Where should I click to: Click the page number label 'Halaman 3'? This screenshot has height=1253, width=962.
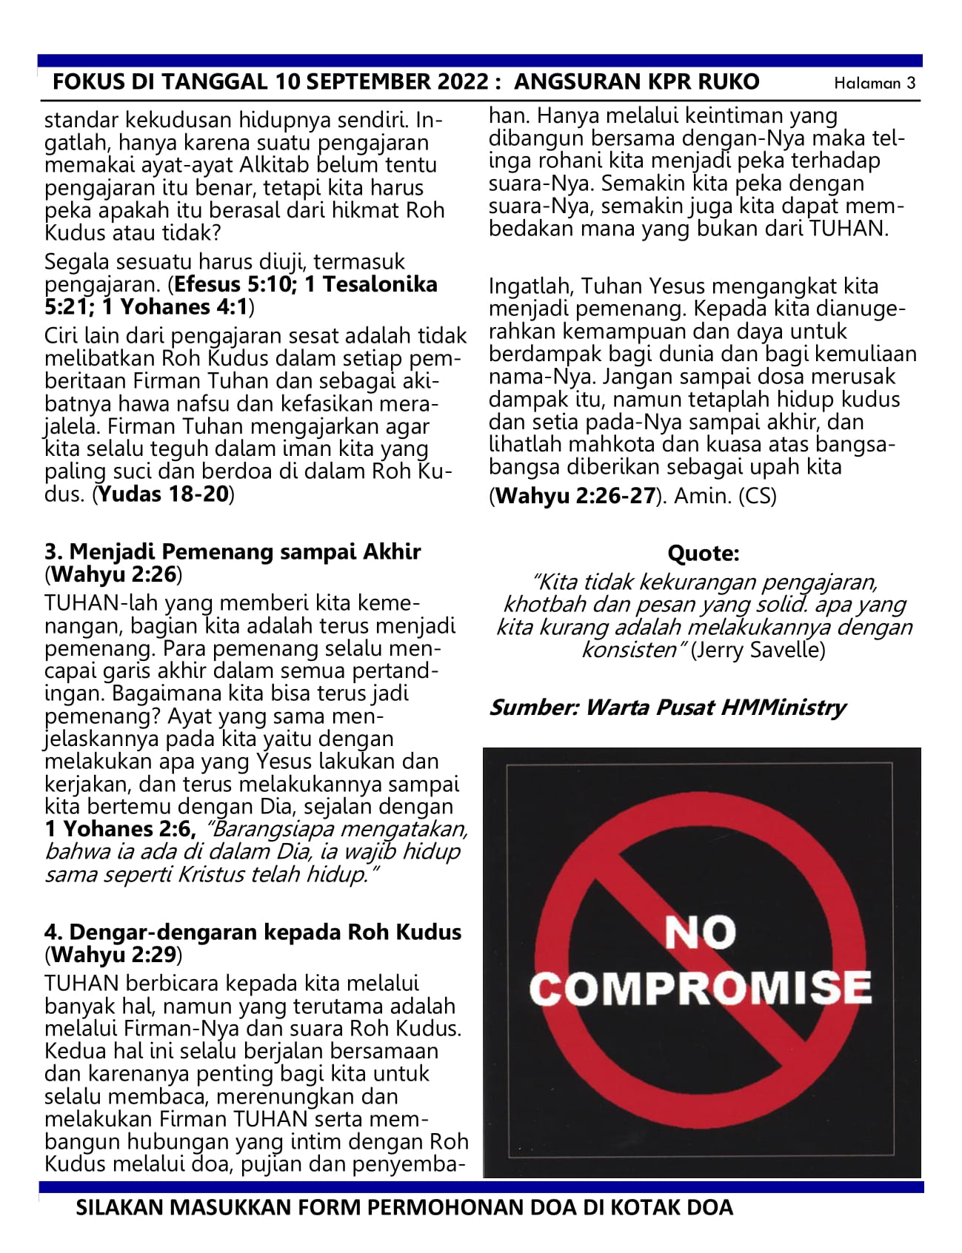874,83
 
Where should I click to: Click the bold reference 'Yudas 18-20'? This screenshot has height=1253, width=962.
163,494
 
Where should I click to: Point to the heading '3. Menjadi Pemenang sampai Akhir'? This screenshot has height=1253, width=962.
233,551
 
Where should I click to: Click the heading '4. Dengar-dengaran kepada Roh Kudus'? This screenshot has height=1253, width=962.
253,932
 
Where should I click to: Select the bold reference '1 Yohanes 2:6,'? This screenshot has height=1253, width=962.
120,829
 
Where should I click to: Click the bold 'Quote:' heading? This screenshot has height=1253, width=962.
703,554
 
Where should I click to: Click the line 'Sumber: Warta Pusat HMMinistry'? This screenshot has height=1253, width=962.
667,708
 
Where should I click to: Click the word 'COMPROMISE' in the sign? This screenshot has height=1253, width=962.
701,988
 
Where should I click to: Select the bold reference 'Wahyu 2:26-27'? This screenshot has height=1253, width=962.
575,496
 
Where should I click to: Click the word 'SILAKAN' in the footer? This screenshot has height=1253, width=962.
120,1208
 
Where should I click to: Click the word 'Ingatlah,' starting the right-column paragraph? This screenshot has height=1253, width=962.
531,286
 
